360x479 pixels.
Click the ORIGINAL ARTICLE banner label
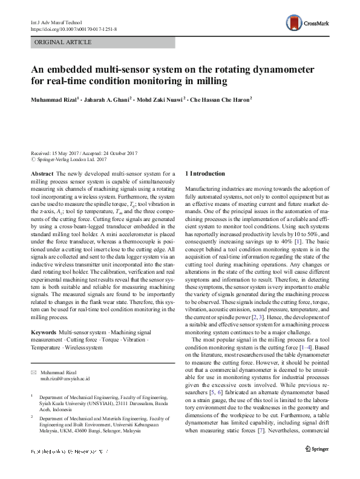pyautogui.click(x=64, y=42)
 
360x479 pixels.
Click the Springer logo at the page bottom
pyautogui.click(x=317, y=465)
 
